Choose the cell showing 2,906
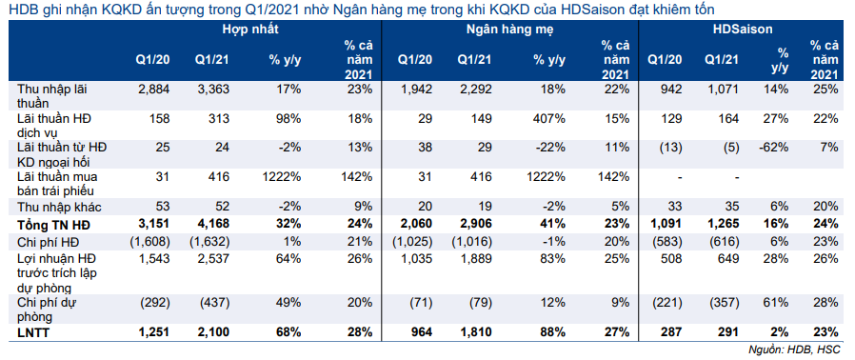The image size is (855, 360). pyautogui.click(x=473, y=225)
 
